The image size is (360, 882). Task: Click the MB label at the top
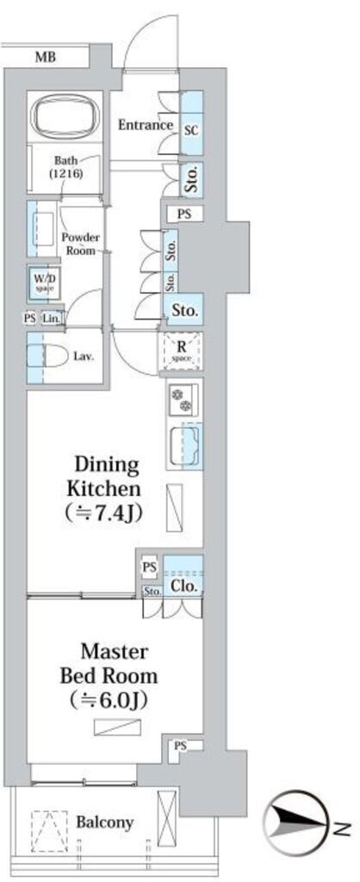[x=46, y=58]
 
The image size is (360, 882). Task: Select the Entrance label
[x=146, y=124]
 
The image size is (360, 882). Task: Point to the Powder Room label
[x=84, y=244]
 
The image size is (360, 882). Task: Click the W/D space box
[x=42, y=282]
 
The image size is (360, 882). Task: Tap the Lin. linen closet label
[x=50, y=319]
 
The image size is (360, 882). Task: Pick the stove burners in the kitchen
[x=183, y=397]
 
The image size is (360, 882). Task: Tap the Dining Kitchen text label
[x=103, y=476]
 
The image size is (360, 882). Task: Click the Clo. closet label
[x=184, y=587]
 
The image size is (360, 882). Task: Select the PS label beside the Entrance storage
[x=184, y=214]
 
